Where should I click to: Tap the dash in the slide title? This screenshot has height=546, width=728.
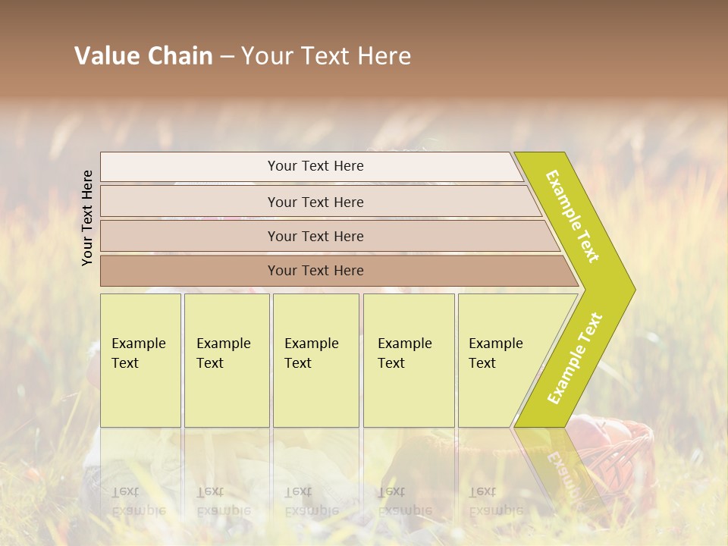point(227,57)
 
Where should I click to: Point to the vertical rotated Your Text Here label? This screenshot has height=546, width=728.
point(87,218)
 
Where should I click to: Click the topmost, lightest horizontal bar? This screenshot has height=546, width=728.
point(311,166)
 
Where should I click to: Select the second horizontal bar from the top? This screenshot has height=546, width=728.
point(315,202)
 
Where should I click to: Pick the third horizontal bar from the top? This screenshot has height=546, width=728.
point(315,236)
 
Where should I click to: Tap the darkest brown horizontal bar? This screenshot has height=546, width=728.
point(315,271)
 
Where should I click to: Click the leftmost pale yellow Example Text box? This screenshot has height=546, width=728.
point(140,360)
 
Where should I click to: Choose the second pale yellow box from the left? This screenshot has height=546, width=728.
point(227,360)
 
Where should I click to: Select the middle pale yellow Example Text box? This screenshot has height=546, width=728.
point(315,360)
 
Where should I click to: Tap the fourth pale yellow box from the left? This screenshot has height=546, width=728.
point(409,360)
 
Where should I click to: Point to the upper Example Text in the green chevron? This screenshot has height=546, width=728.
point(573,216)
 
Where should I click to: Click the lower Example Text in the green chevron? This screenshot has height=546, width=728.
point(574,358)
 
